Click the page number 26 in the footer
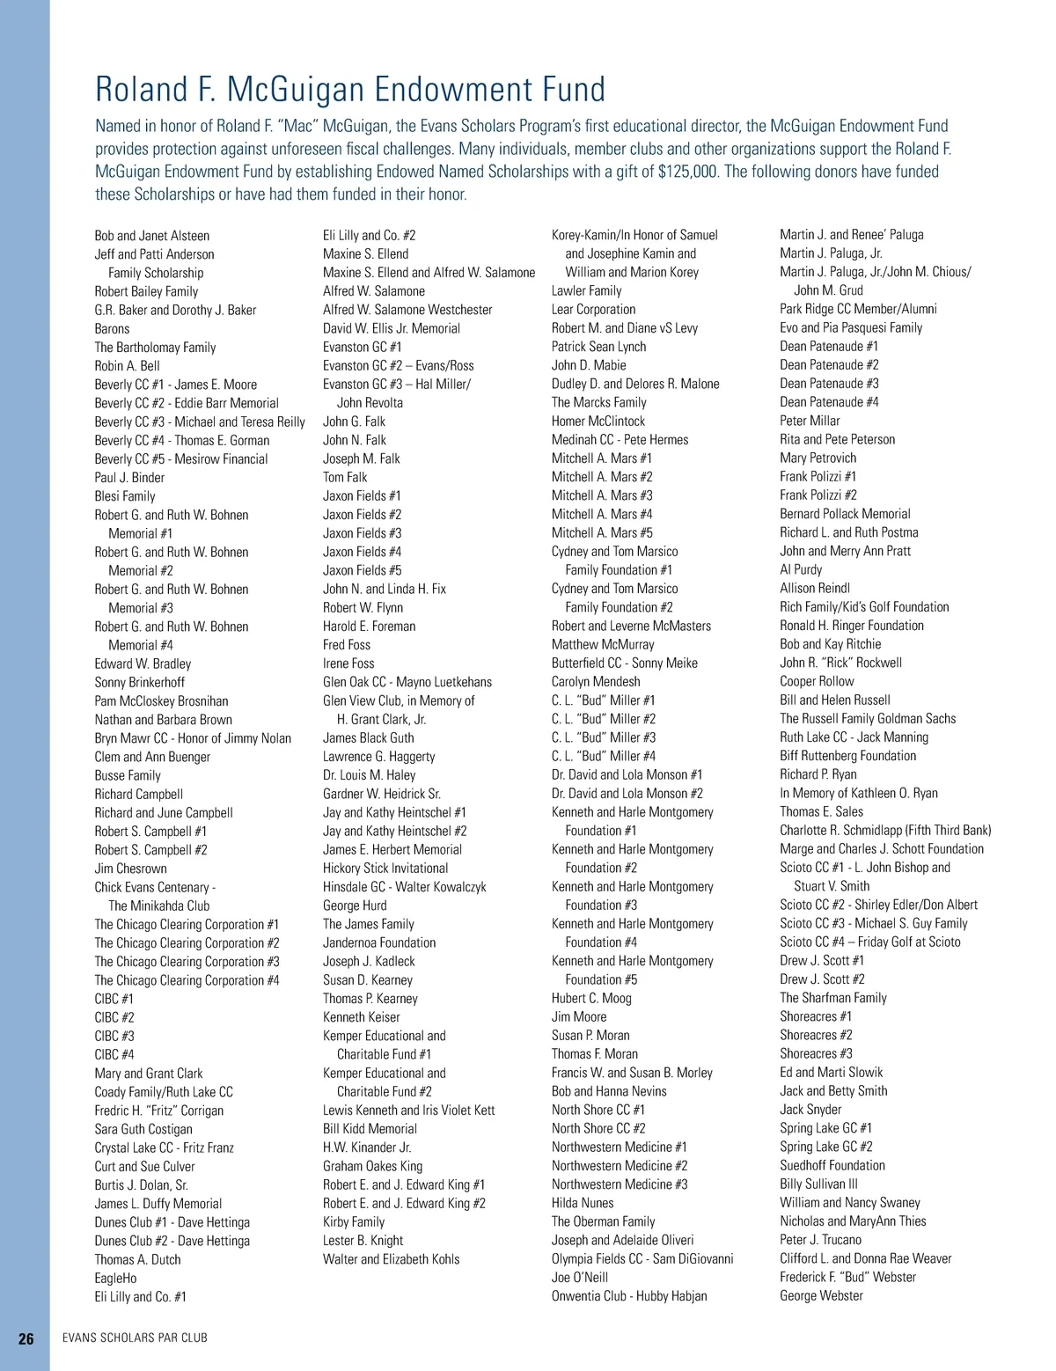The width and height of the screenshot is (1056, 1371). (x=26, y=1338)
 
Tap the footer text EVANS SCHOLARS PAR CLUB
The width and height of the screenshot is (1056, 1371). (x=135, y=1338)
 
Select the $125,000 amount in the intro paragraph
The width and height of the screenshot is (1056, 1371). (x=687, y=172)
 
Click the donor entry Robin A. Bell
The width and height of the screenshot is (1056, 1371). (x=127, y=366)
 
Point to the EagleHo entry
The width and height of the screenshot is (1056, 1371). (x=115, y=1278)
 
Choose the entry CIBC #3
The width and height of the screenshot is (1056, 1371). (x=114, y=1036)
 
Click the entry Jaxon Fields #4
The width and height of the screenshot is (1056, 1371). (x=362, y=552)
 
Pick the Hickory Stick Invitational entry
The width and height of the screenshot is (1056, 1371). (x=385, y=869)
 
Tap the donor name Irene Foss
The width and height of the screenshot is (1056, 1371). (x=348, y=664)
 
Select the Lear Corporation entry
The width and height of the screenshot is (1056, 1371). (x=593, y=310)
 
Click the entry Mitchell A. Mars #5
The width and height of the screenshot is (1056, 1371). (x=602, y=532)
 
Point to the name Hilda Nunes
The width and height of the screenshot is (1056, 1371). (x=583, y=1203)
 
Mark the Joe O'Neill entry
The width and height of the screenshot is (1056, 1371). (x=580, y=1277)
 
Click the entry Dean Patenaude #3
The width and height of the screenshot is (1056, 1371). (x=829, y=384)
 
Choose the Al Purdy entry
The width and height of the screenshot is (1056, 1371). (x=801, y=569)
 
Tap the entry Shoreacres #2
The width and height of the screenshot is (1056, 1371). (x=816, y=1035)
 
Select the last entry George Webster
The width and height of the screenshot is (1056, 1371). (x=821, y=1295)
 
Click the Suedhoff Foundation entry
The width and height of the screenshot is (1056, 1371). (x=832, y=1165)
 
